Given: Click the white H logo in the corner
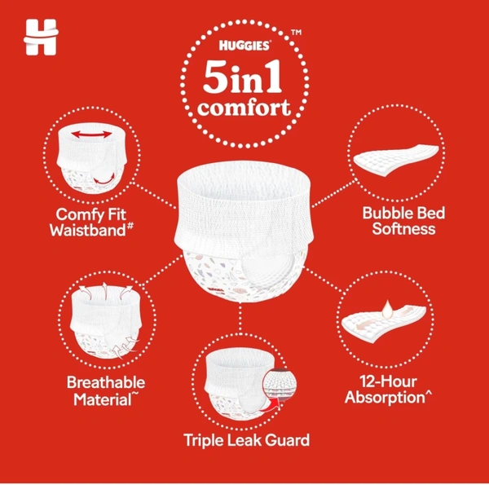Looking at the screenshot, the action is click(41, 37).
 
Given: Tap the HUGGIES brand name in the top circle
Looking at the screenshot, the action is click(244, 46).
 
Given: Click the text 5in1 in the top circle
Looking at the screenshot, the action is click(242, 76).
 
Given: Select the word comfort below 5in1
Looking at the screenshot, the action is click(244, 108).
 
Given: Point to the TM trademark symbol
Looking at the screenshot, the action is click(296, 32).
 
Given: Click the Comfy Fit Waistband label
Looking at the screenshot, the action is click(91, 222).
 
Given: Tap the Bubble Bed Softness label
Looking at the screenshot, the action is click(403, 221).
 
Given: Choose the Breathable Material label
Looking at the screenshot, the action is click(106, 390).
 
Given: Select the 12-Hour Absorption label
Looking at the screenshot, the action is click(388, 390).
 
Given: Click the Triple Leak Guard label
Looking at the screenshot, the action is click(247, 440).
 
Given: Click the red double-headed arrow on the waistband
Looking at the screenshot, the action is click(91, 134).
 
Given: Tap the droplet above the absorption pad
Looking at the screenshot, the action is click(388, 310).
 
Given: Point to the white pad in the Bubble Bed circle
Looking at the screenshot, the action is click(396, 161).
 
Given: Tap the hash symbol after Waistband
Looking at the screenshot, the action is click(130, 225).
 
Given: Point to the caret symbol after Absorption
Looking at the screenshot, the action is click(428, 395).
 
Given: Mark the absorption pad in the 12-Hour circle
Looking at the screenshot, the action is click(384, 324).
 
